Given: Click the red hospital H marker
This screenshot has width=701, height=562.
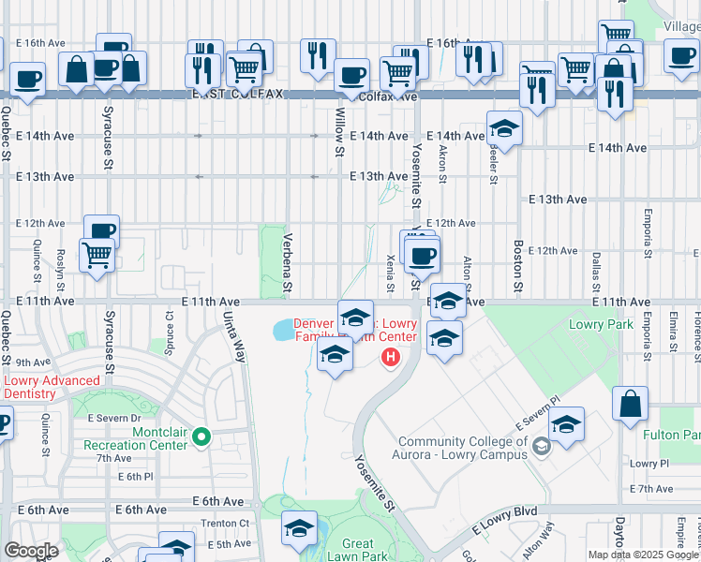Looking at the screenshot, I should coord(391,357).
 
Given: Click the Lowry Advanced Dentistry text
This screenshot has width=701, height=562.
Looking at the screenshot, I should coord(52,387).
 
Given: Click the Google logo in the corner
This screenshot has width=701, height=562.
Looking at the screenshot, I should coord(31,551).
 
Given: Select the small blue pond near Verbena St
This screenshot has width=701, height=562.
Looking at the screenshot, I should coord(283,330).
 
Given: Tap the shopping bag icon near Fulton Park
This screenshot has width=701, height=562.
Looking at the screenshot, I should coord(630,404).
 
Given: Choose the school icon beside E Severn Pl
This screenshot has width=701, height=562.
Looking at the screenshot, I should coord(566,423).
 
